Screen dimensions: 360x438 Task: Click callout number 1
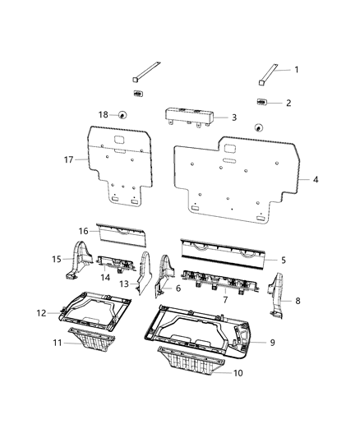coord(297,70)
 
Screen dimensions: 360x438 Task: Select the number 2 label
coord(288,103)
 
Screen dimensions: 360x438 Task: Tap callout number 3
coord(234,118)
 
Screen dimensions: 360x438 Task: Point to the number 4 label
coord(316,180)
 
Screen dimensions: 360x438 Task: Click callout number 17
coord(69,159)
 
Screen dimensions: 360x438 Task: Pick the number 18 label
coord(104,114)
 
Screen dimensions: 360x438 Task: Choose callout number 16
coord(84,231)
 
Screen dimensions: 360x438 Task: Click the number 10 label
coord(238,373)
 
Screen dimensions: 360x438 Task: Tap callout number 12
coord(41,313)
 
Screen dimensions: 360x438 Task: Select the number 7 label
coord(225,300)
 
